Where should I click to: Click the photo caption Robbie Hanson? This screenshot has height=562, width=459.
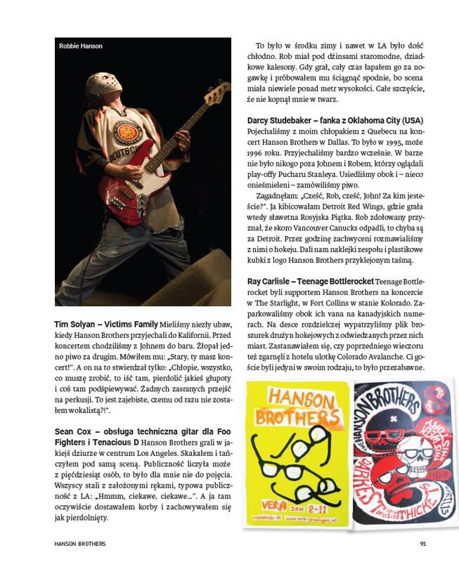[x=81, y=46]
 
